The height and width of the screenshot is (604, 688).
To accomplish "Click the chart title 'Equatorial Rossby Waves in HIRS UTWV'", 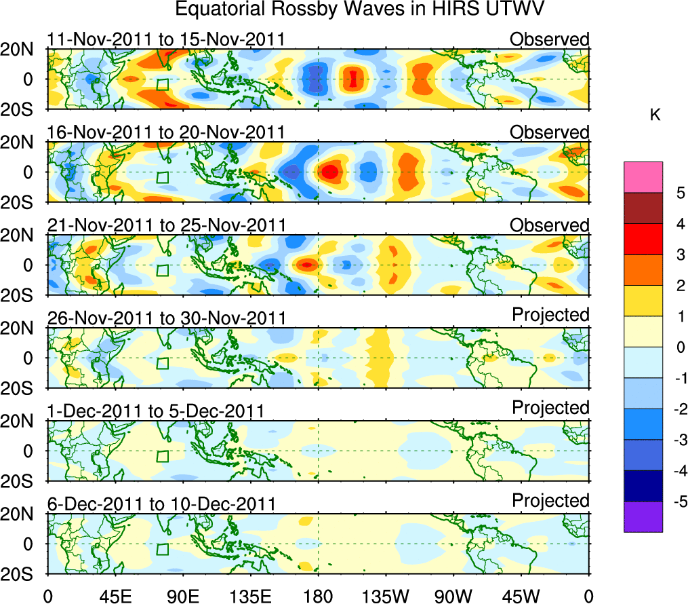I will pos(360,10).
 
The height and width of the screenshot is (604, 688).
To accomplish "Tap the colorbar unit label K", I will pos(655,116).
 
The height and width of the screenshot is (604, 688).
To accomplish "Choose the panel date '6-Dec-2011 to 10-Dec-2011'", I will pos(161,504).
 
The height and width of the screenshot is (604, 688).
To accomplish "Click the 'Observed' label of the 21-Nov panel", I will pos(550,225).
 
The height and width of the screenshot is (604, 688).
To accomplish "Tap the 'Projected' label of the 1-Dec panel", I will pos(550,408).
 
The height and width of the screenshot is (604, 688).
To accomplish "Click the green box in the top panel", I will pos(162,85).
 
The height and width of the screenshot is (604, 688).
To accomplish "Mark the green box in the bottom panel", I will pos(162,549).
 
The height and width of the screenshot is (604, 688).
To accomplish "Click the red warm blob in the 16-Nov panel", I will pos(329,172).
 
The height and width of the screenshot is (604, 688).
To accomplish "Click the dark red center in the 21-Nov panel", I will pos(307,265).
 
